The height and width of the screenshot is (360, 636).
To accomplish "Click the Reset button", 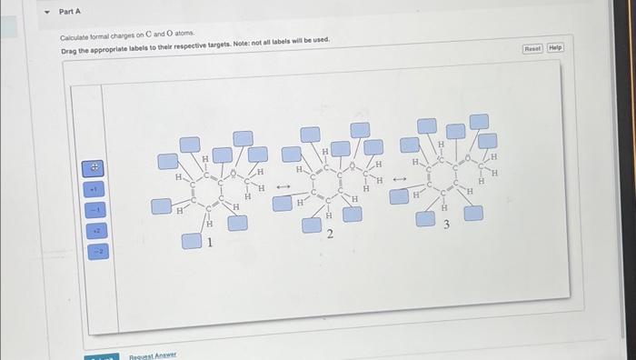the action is pos(533,47).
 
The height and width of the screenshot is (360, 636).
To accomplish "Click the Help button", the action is pos(554,47).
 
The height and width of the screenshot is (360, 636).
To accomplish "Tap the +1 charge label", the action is pos(94,189).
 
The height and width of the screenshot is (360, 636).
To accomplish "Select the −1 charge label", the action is pos(94,210).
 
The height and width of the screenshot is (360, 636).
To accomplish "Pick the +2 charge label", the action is pos(94,231).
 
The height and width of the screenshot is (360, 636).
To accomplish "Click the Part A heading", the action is pos(70,11).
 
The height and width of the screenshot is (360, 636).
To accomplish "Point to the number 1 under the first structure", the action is pos(210,243).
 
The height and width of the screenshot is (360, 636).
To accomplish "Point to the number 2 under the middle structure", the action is pos(330,235).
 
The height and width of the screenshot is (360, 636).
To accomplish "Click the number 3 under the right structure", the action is pos(446,225).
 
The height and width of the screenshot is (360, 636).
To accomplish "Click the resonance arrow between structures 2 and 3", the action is pos(396,178).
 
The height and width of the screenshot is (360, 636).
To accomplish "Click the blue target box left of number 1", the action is pos(190,241).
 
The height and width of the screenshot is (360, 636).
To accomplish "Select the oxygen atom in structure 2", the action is pos(350,165).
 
